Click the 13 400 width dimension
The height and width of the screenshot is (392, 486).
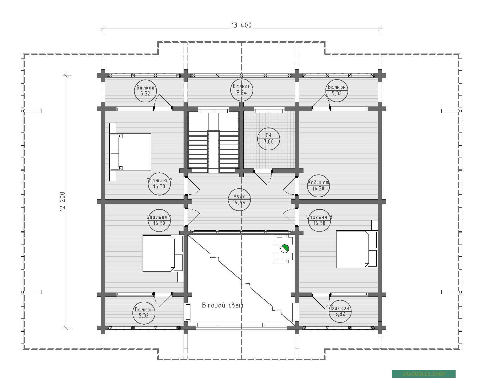pyautogui.click(x=241, y=25)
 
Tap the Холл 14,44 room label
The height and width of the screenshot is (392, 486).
pyautogui.click(x=239, y=199)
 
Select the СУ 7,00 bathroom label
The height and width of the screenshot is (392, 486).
pyautogui.click(x=269, y=139)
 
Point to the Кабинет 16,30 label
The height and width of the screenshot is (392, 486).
pyautogui.click(x=318, y=186)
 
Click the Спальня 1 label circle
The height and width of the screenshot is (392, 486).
pyautogui.click(x=159, y=220)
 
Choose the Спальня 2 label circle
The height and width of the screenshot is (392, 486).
pyautogui.click(x=159, y=184)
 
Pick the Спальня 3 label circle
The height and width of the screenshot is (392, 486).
pyautogui.click(x=319, y=220)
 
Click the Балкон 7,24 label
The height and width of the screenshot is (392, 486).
pyautogui.click(x=242, y=90)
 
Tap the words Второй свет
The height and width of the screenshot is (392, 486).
pyautogui.click(x=222, y=305)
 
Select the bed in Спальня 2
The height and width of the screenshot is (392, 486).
pyautogui.click(x=130, y=152)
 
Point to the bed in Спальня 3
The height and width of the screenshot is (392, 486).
pyautogui.click(x=357, y=249)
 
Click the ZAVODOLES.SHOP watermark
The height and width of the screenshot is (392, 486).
pyautogui.click(x=424, y=374)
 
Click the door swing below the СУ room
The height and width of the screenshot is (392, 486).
pyautogui.click(x=263, y=177)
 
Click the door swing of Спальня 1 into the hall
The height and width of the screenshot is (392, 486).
pyautogui.click(x=193, y=217)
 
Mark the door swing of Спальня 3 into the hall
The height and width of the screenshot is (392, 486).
pyautogui.click(x=290, y=217)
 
